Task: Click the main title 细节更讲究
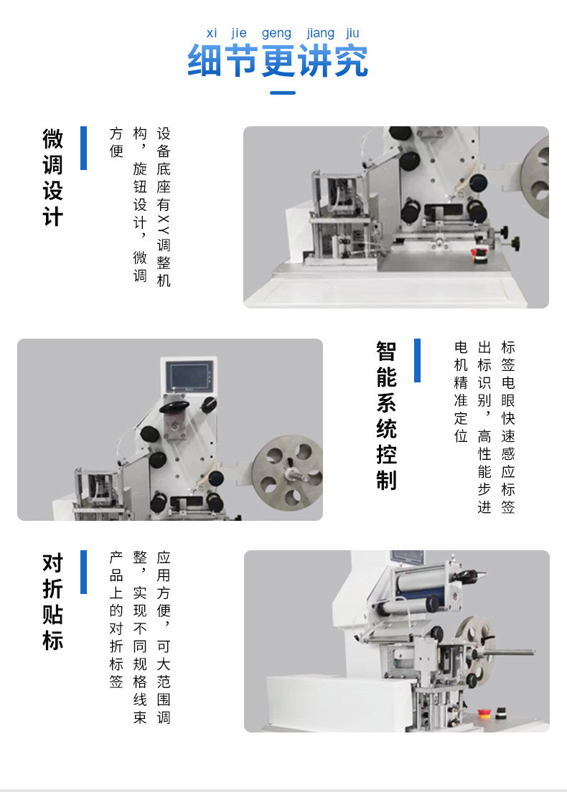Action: pos(278,60)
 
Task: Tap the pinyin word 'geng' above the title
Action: pos(276,34)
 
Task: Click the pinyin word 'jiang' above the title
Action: pos(320,34)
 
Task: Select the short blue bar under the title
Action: pos(283,93)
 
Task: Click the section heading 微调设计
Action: pos(52,177)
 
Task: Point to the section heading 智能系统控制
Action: pos(387,415)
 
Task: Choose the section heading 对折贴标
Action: pos(52,601)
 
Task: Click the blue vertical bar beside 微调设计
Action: pos(83,148)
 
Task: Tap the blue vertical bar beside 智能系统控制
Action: pos(417,360)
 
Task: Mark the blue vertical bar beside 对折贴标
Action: pos(83,572)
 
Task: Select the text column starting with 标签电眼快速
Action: pos(508,428)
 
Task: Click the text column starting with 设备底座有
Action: pos(164,207)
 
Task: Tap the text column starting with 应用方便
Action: pos(164,638)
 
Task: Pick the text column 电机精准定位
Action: pos(461,392)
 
